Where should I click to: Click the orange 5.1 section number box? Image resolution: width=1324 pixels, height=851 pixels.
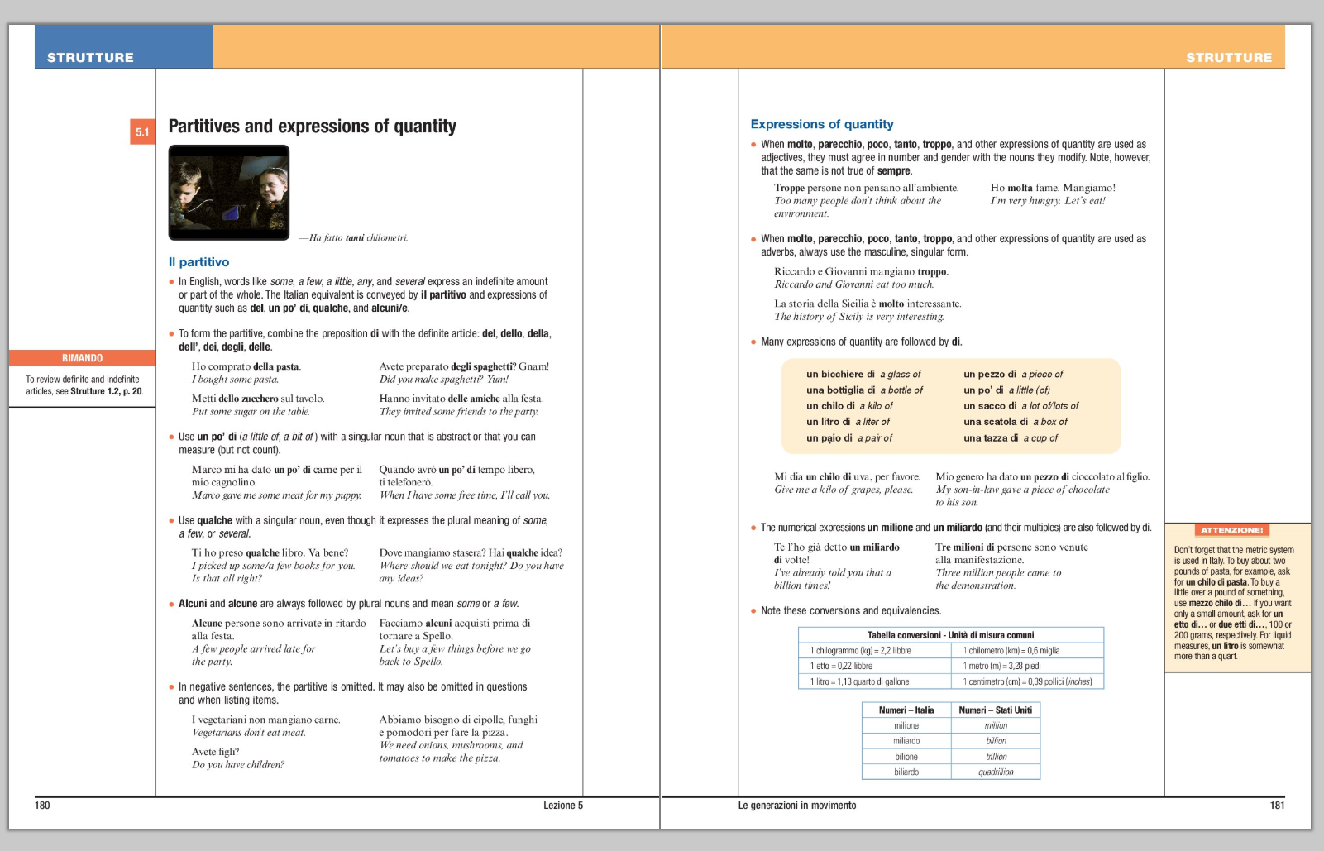pos(142,131)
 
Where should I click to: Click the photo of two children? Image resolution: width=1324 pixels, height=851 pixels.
pos(229,192)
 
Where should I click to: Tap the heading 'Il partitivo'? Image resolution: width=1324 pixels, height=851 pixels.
pos(198,262)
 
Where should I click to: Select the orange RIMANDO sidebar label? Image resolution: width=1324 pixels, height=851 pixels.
pos(83,358)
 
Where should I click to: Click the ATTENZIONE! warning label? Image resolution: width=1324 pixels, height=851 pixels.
pos(1231,530)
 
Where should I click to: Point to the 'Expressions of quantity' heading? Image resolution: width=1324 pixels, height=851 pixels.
pos(821,124)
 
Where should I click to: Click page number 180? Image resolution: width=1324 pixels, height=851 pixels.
pos(42,806)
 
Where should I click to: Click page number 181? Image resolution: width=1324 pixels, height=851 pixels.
pos(1277,806)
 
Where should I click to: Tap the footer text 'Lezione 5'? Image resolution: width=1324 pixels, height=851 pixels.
pos(562,806)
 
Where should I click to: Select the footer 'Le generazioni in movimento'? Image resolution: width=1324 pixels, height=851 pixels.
pos(796,806)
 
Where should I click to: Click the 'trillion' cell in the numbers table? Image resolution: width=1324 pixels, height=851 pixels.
pos(996,757)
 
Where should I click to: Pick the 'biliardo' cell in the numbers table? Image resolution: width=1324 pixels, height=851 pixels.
pos(906,772)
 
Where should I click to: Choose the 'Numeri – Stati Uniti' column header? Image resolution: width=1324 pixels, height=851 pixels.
pos(995,710)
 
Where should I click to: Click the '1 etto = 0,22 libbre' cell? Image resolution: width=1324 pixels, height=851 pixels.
pos(842,666)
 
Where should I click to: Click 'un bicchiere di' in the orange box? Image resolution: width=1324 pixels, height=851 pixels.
pos(840,375)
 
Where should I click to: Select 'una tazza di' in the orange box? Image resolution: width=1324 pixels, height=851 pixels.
pos(991,438)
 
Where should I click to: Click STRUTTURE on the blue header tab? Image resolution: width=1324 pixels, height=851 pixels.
pos(90,57)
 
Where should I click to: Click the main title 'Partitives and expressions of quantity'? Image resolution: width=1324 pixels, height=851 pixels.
pos(312,127)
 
